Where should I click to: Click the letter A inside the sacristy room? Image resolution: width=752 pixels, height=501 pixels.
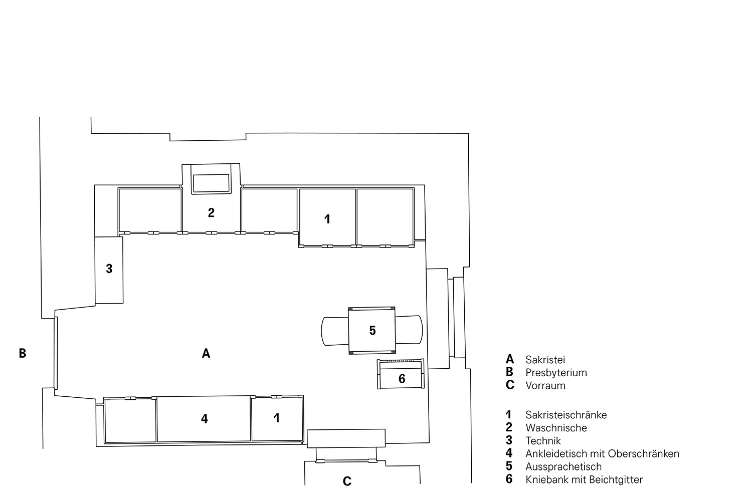[x=206, y=353]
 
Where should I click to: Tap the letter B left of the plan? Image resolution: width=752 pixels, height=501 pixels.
[x=23, y=353]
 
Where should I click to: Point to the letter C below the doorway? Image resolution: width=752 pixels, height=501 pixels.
[x=347, y=481]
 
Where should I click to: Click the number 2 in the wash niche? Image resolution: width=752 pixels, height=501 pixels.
[x=211, y=212]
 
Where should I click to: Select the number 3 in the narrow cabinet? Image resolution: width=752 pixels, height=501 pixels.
[x=109, y=269]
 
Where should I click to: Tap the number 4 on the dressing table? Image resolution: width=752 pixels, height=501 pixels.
[x=205, y=418]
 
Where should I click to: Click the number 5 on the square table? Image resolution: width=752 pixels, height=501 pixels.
[x=372, y=331]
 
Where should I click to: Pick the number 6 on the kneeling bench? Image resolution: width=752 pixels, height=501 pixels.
[x=402, y=379]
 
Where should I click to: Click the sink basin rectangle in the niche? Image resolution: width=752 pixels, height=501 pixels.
[x=211, y=183]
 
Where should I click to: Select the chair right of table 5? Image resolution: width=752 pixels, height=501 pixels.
[x=409, y=330]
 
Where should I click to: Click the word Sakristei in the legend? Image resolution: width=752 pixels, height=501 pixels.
[x=545, y=360]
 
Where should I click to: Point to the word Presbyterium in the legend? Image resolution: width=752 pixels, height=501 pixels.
[x=556, y=373]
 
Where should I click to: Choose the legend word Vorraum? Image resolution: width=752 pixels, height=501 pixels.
[x=545, y=386]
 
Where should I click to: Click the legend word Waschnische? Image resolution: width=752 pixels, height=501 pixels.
[x=556, y=428]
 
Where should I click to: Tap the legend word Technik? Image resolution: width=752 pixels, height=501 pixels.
[x=543, y=440]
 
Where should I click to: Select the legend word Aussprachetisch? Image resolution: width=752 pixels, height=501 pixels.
[x=563, y=467]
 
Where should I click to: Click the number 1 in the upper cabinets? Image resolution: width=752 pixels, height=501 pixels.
[x=327, y=219]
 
